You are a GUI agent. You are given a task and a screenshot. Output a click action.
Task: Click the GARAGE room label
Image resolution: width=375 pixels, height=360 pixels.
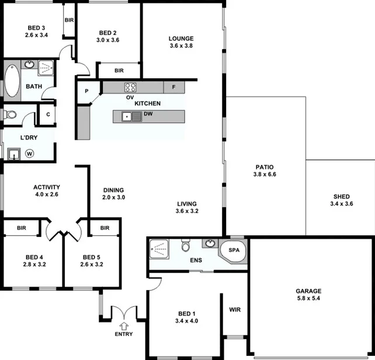[308, 291]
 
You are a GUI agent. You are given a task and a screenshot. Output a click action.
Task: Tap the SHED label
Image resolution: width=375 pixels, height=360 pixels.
[342, 197]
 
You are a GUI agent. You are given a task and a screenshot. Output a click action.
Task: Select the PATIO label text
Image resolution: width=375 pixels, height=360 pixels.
[264, 166]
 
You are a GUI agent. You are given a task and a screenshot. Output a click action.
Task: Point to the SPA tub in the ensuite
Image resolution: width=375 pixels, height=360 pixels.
[234, 251]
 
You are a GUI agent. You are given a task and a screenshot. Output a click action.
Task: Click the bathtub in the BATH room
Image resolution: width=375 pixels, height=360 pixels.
[12, 80]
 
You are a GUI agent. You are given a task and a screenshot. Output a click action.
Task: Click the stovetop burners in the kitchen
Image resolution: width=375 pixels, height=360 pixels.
[130, 88]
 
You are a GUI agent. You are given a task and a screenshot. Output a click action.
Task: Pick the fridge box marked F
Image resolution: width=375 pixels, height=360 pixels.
[173, 88]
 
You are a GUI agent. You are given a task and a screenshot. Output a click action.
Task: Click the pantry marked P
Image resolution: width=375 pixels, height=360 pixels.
[86, 91]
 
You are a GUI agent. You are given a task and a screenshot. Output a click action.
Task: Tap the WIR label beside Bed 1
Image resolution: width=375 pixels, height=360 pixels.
[235, 310]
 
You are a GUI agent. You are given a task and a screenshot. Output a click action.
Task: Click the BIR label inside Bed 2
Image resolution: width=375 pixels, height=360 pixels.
[119, 71]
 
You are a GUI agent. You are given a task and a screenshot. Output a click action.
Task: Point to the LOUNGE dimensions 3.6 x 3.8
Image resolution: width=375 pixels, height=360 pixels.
[181, 45]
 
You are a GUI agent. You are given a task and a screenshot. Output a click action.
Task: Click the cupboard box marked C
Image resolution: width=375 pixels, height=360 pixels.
[48, 114]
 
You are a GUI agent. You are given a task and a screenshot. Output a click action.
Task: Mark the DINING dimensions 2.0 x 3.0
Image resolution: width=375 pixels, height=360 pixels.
[114, 198]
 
